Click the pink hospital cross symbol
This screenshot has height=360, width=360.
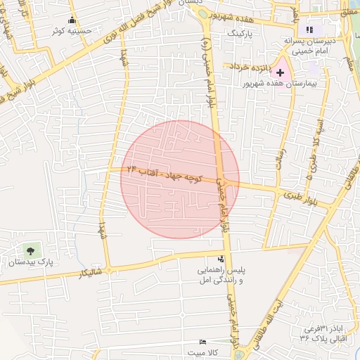click(x=281, y=72)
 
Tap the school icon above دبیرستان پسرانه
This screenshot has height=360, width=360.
click(x=309, y=30)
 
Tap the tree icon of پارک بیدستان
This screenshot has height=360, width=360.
click(x=30, y=250)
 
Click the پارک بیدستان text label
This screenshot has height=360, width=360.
click(x=30, y=262)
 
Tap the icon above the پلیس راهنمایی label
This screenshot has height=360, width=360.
click(x=221, y=259)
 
